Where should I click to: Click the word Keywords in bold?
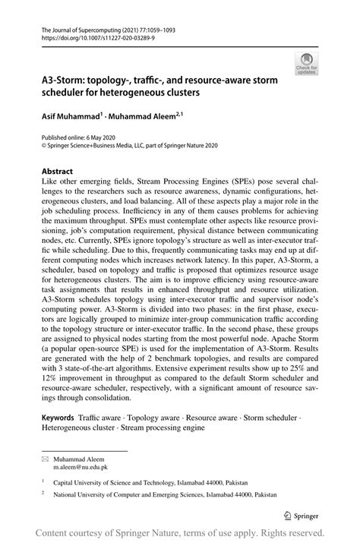tap(58, 418)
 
